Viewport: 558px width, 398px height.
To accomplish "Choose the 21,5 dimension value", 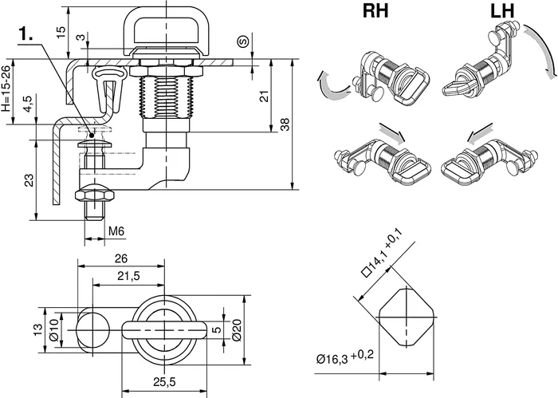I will tap(128, 276).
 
